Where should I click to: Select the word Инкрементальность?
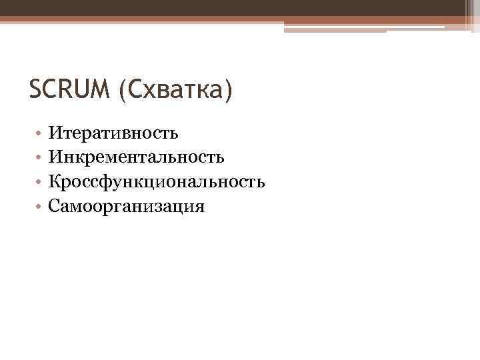140,157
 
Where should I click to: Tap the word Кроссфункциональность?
157,182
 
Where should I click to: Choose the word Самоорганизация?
127,207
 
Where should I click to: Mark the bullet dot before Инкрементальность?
41,158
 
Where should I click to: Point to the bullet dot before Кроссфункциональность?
41,183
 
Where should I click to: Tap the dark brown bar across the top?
233,7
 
